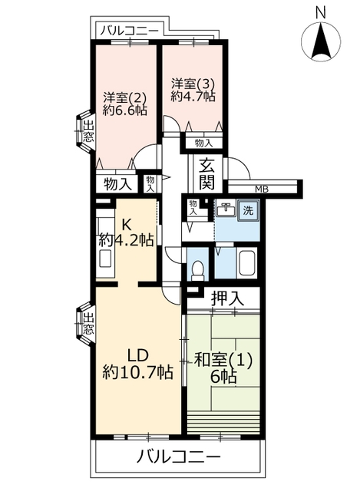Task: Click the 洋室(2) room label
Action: (125, 98)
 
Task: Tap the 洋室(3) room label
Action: (193, 84)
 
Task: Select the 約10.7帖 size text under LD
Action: (137, 372)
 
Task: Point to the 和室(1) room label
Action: (223, 361)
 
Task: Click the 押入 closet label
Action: (227, 298)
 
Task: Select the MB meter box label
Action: (262, 189)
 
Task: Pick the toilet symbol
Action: (197, 270)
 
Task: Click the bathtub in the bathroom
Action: (248, 263)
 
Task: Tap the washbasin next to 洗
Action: (226, 209)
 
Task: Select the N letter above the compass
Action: (321, 13)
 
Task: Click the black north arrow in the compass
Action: (321, 41)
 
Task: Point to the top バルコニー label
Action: (130, 31)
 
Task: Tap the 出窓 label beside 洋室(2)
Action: (88, 131)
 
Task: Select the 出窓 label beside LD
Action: (88, 323)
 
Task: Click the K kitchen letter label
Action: (126, 224)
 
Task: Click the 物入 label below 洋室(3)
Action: (204, 143)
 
